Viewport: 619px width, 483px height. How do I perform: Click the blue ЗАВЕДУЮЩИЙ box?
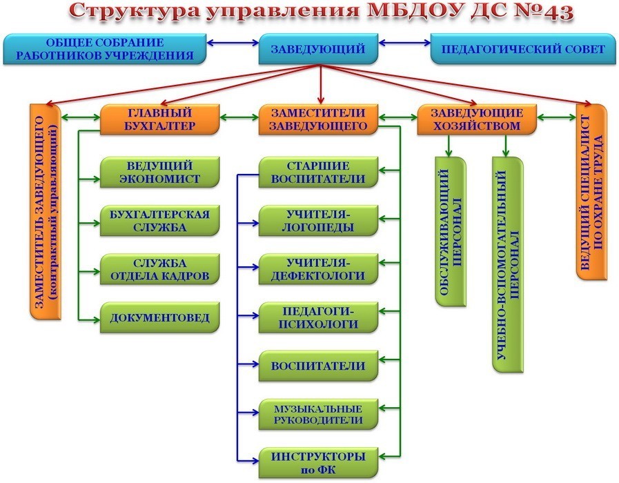(318, 48)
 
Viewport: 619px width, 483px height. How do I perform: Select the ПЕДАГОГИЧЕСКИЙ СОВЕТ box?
(523, 48)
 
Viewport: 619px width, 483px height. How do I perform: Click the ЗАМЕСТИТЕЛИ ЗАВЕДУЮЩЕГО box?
(318, 119)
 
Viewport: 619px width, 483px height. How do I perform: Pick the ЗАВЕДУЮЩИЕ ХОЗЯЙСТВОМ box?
(477, 119)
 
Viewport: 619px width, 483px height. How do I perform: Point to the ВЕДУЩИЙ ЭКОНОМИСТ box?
(160, 172)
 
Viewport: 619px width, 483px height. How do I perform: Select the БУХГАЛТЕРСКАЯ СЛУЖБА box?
(160, 220)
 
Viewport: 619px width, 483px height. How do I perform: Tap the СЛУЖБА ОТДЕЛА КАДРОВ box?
(160, 269)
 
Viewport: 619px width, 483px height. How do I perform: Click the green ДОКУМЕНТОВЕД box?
(160, 317)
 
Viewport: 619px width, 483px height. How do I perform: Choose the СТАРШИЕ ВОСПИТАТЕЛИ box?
(318, 172)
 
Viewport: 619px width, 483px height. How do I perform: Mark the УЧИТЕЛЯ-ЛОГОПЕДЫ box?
(318, 220)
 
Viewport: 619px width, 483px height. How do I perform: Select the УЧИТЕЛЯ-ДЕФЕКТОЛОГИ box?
(318, 269)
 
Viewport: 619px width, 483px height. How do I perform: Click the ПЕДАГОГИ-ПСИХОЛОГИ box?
(318, 317)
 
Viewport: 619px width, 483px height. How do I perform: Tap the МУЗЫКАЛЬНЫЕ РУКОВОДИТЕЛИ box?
(318, 413)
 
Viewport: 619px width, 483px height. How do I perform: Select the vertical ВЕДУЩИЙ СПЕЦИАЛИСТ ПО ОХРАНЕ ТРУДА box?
(591, 193)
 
